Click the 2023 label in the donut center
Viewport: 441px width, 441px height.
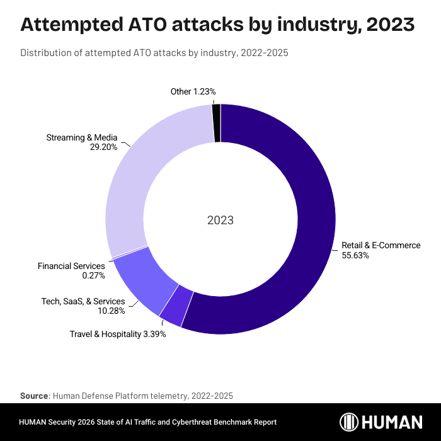pos(220,220)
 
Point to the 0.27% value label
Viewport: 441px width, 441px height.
pos(93,275)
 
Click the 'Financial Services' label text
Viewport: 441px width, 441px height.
pos(71,266)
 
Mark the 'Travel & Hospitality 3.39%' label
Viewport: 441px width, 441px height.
pos(118,334)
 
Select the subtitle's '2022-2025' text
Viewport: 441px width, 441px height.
pos(266,53)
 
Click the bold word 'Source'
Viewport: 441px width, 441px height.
pos(34,396)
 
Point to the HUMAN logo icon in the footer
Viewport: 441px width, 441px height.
pos(350,422)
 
